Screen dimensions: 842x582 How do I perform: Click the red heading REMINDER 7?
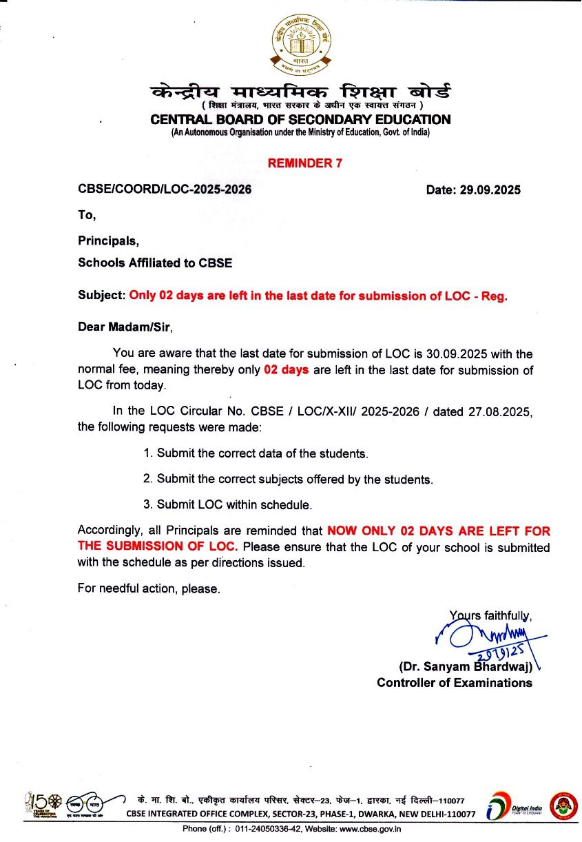pos(304,163)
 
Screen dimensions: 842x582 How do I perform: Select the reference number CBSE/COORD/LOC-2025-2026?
pos(165,189)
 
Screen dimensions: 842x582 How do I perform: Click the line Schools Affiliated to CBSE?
pos(155,263)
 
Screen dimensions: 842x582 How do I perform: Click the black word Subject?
pos(102,296)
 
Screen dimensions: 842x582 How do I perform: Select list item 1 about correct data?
pos(256,453)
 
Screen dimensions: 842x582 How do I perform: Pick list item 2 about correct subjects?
pos(288,479)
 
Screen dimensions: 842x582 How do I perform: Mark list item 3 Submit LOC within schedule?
pos(228,504)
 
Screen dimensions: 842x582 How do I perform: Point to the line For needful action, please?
pos(149,588)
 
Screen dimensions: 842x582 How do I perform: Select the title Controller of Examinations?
pos(455,683)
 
